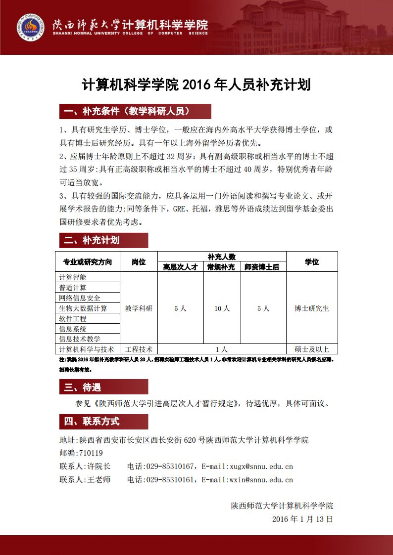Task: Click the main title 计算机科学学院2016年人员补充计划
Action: tap(196, 85)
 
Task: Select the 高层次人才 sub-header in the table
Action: tap(180, 267)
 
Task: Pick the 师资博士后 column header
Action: tap(263, 267)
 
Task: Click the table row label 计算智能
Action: tap(73, 277)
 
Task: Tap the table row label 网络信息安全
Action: tap(80, 298)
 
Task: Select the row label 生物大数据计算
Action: tap(83, 308)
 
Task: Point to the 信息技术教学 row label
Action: tap(80, 339)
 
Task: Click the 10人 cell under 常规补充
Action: tap(222, 308)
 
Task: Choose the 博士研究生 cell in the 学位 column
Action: tap(312, 308)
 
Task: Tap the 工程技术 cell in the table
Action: tap(139, 349)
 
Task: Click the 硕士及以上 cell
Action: tap(312, 349)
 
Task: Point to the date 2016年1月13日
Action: tap(302, 519)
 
